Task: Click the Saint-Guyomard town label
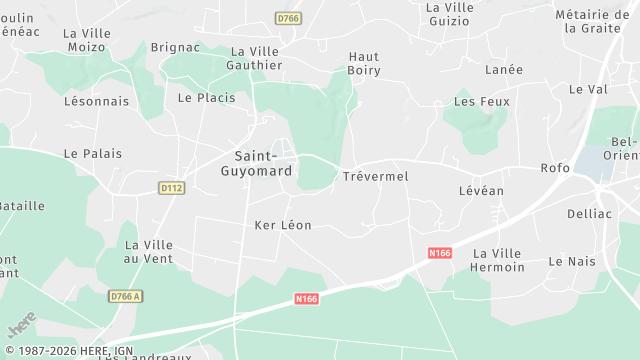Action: tap(263, 163)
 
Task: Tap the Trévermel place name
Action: tap(375, 176)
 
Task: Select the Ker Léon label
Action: tap(283, 225)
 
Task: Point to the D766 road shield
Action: tap(288, 18)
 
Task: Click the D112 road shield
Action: tap(172, 187)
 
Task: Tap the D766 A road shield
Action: tap(126, 296)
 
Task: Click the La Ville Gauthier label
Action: tap(256, 58)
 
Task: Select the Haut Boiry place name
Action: tap(364, 63)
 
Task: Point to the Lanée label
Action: tap(503, 70)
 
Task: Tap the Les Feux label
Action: tap(481, 102)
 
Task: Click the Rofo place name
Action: tap(554, 168)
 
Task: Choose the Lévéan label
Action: tap(481, 190)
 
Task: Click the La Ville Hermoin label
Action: tap(498, 260)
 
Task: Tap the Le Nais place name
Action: tap(571, 261)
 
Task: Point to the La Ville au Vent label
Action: tap(148, 252)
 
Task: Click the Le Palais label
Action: tap(92, 154)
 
